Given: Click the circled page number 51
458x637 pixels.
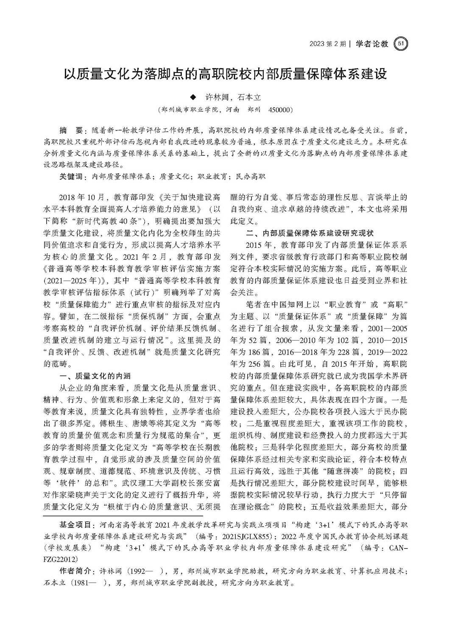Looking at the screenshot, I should point(401,43).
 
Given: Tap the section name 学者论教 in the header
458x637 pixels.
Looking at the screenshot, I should point(372,44).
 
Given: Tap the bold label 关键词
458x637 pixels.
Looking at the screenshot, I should point(73,176).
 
